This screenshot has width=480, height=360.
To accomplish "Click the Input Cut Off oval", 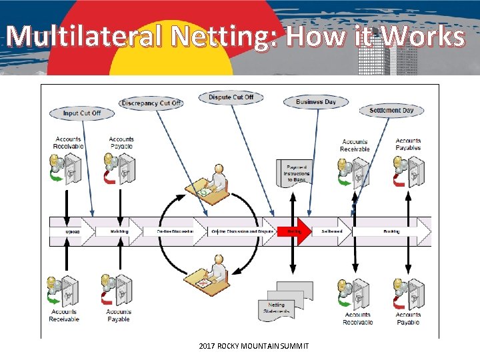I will tap(82, 113).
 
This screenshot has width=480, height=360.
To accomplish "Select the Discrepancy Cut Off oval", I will tap(151, 103).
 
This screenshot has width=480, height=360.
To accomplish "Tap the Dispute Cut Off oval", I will tap(231, 97).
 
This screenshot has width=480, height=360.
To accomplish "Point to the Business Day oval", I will tap(316, 102).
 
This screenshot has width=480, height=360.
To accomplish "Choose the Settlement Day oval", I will tap(391, 111).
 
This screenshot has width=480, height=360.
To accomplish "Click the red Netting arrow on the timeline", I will tap(295, 231).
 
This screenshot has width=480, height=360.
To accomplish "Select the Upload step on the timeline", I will tap(72, 231).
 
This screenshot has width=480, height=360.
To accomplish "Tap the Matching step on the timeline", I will tap(121, 231).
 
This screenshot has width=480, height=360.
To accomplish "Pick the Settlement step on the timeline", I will tap(332, 231).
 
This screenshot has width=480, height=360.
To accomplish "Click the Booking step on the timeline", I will tap(391, 231).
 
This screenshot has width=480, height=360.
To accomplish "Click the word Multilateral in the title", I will tap(84, 36).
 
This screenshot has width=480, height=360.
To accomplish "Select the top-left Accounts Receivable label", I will tap(67, 143).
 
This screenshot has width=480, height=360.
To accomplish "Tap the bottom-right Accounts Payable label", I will tap(408, 318).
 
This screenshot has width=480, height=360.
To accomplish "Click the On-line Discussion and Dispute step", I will tap(243, 231).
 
